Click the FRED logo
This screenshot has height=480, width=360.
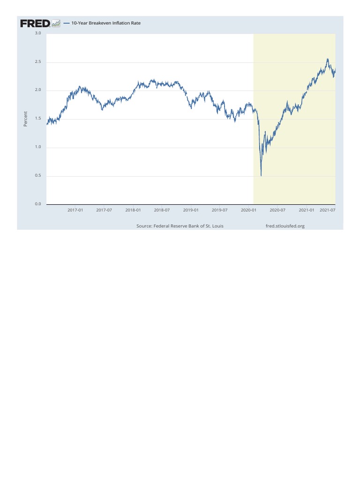coord(35,23)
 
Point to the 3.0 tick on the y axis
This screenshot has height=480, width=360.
coord(37,34)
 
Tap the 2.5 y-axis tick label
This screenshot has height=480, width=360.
coord(37,62)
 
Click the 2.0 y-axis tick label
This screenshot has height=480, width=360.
coord(37,90)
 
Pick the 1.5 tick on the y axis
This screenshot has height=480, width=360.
coord(37,119)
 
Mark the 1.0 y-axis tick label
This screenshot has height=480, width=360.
coord(37,148)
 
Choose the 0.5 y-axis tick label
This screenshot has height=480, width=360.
coord(37,176)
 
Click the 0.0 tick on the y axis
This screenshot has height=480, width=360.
coord(37,204)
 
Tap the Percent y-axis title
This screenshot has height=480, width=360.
coord(25,119)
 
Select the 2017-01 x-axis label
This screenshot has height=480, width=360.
coord(75,210)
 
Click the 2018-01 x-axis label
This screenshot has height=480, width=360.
coord(133,210)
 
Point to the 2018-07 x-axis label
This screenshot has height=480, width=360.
coord(162,210)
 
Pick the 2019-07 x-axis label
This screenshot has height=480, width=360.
coord(220,210)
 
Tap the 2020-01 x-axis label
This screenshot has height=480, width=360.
coord(248,210)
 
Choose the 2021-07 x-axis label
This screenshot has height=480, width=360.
coord(327,210)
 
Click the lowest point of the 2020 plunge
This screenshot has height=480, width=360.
coord(261,176)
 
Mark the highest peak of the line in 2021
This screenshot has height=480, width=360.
coord(327,59)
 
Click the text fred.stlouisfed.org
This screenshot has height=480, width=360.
coord(285,226)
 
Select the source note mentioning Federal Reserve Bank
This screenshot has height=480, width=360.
coord(180,226)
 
